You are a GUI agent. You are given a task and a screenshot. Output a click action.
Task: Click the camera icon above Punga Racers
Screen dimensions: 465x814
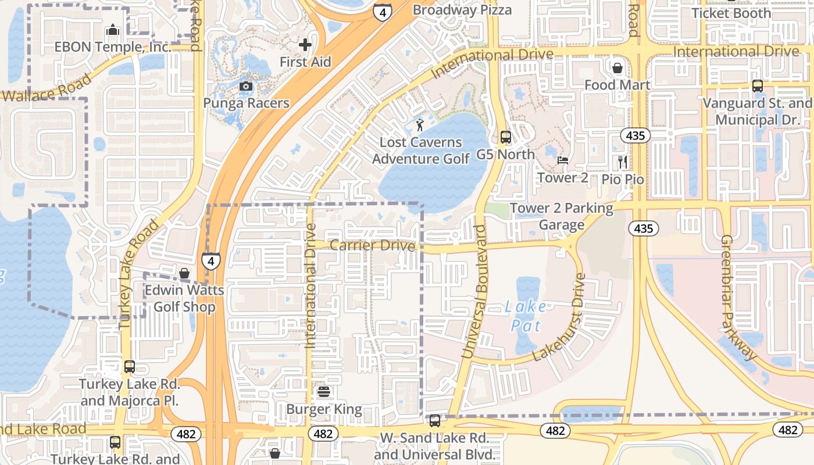[246, 87]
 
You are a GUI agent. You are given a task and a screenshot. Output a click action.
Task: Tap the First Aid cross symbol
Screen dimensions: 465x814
[305, 45]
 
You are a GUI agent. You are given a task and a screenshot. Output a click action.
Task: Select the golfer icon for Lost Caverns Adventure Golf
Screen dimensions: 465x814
[420, 124]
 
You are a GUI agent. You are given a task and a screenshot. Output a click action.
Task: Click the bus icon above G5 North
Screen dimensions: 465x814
[506, 137]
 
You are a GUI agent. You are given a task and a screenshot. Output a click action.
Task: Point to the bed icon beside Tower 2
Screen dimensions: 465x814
[562, 160]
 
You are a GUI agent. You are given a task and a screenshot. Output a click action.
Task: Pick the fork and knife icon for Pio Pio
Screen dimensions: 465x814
[623, 162]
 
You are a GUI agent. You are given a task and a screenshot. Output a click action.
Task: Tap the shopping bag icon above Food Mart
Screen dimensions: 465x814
[617, 68]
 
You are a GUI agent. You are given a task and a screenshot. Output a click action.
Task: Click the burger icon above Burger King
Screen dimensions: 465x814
[324, 392]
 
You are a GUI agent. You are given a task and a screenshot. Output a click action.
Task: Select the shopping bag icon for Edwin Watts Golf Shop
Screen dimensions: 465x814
[184, 273]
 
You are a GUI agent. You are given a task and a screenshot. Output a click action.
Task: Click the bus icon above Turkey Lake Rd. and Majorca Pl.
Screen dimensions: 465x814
[130, 367]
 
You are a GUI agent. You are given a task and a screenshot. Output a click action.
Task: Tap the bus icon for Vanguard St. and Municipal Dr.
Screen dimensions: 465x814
[757, 86]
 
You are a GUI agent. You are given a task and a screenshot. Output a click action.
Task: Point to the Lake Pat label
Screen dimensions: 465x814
[526, 316]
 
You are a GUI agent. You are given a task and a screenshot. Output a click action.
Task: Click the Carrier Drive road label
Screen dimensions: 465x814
[373, 245]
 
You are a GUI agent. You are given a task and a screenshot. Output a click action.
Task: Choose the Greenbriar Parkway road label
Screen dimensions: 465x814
[738, 297]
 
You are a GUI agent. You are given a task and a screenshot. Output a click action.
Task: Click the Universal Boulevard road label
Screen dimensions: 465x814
[474, 291]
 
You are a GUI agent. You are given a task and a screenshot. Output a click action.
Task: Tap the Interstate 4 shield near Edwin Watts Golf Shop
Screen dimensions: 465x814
[211, 261]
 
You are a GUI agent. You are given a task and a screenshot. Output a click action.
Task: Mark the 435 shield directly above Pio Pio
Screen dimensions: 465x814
[635, 135]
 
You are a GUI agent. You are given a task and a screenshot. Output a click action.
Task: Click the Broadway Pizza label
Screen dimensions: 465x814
[462, 10]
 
